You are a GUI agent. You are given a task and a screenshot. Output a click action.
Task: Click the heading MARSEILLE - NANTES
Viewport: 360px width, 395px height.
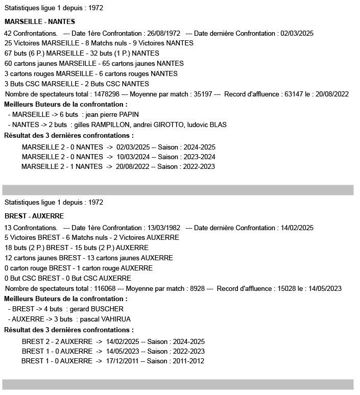(39, 21)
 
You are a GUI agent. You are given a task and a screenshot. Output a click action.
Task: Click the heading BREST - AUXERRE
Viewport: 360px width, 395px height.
(34, 216)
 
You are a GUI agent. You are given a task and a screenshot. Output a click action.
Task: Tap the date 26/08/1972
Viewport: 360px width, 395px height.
(164, 34)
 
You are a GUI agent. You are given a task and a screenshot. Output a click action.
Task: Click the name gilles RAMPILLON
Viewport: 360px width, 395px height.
(102, 125)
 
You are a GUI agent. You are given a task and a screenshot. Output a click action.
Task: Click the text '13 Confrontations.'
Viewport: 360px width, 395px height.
(31, 228)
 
